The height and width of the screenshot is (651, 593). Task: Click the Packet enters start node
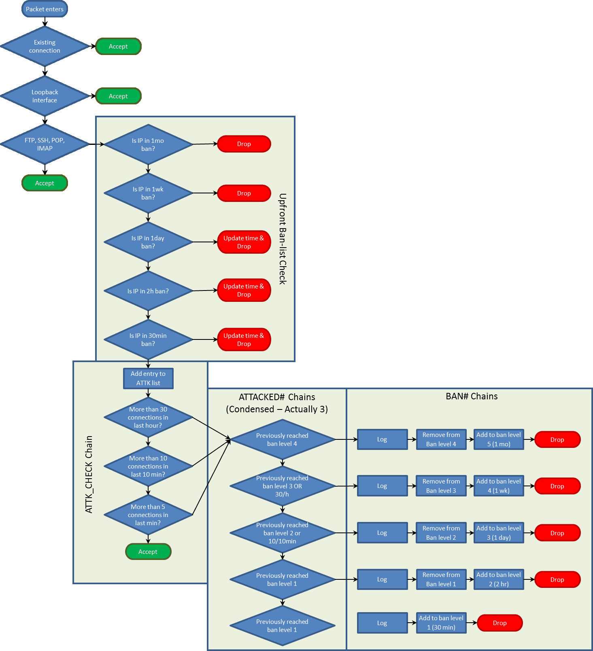(x=45, y=9)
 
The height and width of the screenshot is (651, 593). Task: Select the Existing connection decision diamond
(x=45, y=47)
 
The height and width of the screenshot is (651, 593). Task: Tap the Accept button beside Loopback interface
(x=118, y=96)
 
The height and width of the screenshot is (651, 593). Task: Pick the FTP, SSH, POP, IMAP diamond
(x=45, y=144)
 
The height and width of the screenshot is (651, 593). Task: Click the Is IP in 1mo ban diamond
(x=148, y=144)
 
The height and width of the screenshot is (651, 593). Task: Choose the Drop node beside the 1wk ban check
(x=244, y=193)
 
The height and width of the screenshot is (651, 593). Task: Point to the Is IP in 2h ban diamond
(x=148, y=291)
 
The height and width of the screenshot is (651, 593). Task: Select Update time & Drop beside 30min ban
(x=244, y=339)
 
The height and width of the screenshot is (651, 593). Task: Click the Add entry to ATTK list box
(x=148, y=378)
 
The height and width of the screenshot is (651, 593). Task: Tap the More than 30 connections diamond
(x=148, y=417)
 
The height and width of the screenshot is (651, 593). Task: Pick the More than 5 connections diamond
(x=148, y=515)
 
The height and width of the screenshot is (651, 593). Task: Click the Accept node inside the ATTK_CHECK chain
(x=148, y=551)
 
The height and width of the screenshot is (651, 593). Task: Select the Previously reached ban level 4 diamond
(x=282, y=439)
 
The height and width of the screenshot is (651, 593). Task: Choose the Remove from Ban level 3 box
(x=441, y=486)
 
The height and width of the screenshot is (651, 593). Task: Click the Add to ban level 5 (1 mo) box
(x=499, y=439)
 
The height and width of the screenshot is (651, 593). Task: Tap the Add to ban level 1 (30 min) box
(x=441, y=623)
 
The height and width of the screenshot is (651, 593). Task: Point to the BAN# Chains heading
(x=472, y=396)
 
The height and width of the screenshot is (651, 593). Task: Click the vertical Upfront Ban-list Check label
(x=283, y=239)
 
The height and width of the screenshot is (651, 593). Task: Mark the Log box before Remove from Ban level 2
(x=382, y=533)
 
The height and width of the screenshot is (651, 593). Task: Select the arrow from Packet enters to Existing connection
(x=45, y=22)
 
